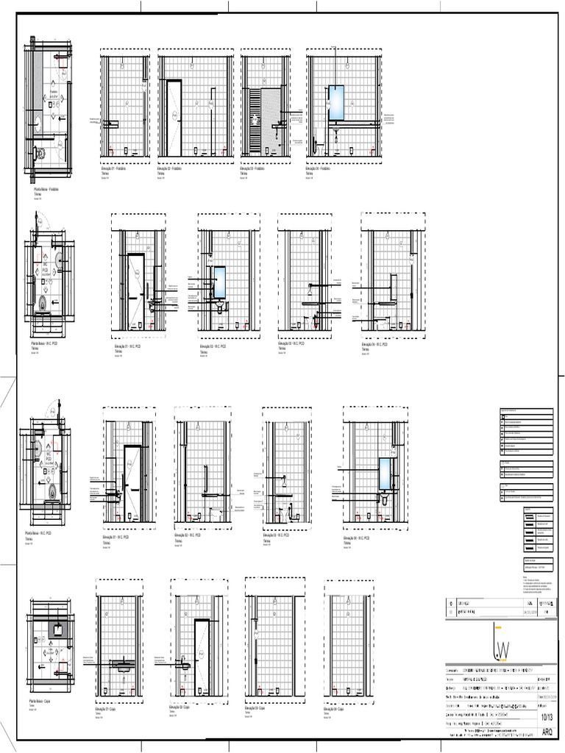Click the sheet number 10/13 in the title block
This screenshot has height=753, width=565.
pos(547,718)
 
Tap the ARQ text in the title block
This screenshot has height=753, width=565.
pos(547,732)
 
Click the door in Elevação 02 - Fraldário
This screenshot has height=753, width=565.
pos(174,118)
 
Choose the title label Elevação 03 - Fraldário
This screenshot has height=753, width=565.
pos(255,168)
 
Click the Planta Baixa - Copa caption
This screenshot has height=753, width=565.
pos(43,702)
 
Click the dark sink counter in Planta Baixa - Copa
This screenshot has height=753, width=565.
pos(57,628)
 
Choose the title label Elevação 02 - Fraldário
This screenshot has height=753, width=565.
pos(170,168)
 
